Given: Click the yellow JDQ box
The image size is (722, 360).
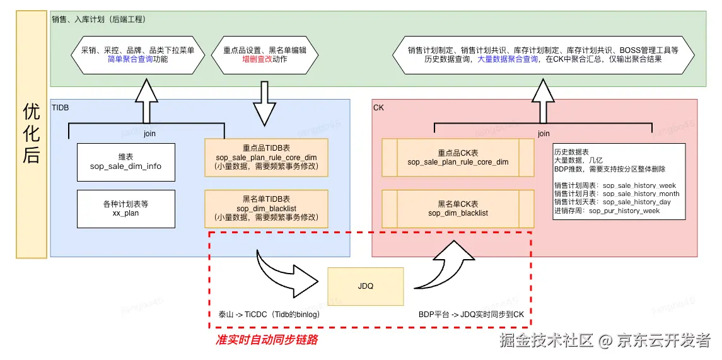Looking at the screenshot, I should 365,286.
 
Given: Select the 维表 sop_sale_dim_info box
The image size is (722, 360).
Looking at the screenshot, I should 125,161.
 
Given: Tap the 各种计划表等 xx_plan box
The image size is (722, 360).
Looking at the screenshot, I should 125,209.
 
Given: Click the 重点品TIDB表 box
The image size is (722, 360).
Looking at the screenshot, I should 266,157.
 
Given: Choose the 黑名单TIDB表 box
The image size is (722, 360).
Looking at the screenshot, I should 266,208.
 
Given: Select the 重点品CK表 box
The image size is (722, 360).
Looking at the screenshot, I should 458,158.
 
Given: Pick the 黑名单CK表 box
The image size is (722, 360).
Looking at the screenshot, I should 458,209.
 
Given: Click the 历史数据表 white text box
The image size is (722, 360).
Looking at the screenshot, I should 618,182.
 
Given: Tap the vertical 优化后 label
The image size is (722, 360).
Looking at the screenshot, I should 32,134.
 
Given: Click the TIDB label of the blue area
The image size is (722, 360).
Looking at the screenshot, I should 61,108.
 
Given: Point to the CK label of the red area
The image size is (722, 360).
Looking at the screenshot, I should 378,108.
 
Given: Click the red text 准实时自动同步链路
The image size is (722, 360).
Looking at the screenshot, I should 267,340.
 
